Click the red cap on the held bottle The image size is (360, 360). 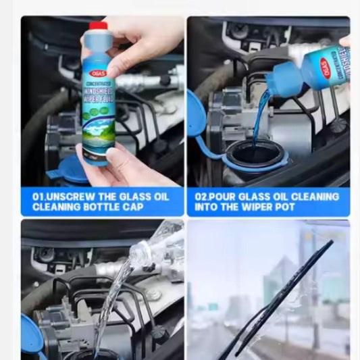click(98, 26)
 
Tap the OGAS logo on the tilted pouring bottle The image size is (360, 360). click(326, 68)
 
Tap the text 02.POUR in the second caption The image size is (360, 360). click(217, 197)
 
